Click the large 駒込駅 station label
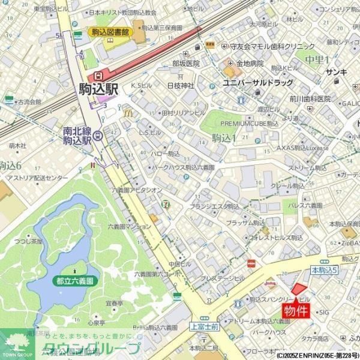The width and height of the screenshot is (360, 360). pyautogui.click(x=99, y=89)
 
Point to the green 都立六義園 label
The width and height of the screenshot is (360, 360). pyautogui.click(x=74, y=280)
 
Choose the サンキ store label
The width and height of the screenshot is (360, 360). pyautogui.click(x=336, y=73)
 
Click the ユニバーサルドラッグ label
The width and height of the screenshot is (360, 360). pyautogui.click(x=257, y=82)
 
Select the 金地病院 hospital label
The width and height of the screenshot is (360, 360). pyautogui.click(x=250, y=63)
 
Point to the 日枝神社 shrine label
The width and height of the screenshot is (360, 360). pyautogui.click(x=181, y=85)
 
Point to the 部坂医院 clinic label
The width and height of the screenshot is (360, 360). pyautogui.click(x=185, y=63)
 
